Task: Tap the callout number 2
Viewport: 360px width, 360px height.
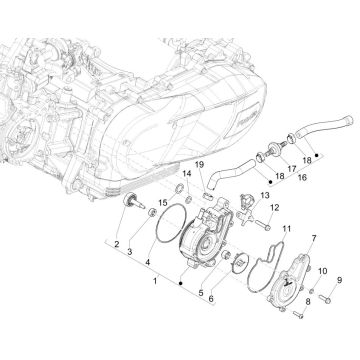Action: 116,243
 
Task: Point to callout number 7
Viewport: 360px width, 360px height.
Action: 290,234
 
